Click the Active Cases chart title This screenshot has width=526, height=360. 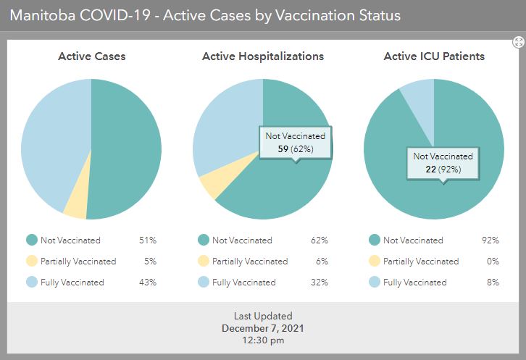point(91,56)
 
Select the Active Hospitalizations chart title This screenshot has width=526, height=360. point(263,56)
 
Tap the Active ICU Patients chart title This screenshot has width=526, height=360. point(434,56)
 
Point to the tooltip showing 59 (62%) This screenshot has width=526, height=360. point(295,143)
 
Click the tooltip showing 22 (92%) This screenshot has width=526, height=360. point(443,163)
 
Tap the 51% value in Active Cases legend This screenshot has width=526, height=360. point(148,240)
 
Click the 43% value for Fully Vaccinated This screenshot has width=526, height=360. point(148,282)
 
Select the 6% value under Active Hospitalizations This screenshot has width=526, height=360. point(322,261)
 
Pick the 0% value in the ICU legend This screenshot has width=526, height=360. point(493,261)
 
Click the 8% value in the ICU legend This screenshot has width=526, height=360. point(493,282)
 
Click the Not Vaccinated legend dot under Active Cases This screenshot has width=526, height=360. point(32,240)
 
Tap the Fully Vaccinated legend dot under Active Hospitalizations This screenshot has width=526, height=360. point(203,282)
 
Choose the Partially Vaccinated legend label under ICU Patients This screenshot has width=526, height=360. point(421,261)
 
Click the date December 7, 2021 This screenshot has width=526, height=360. point(263,328)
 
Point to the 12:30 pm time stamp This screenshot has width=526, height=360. point(263,340)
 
